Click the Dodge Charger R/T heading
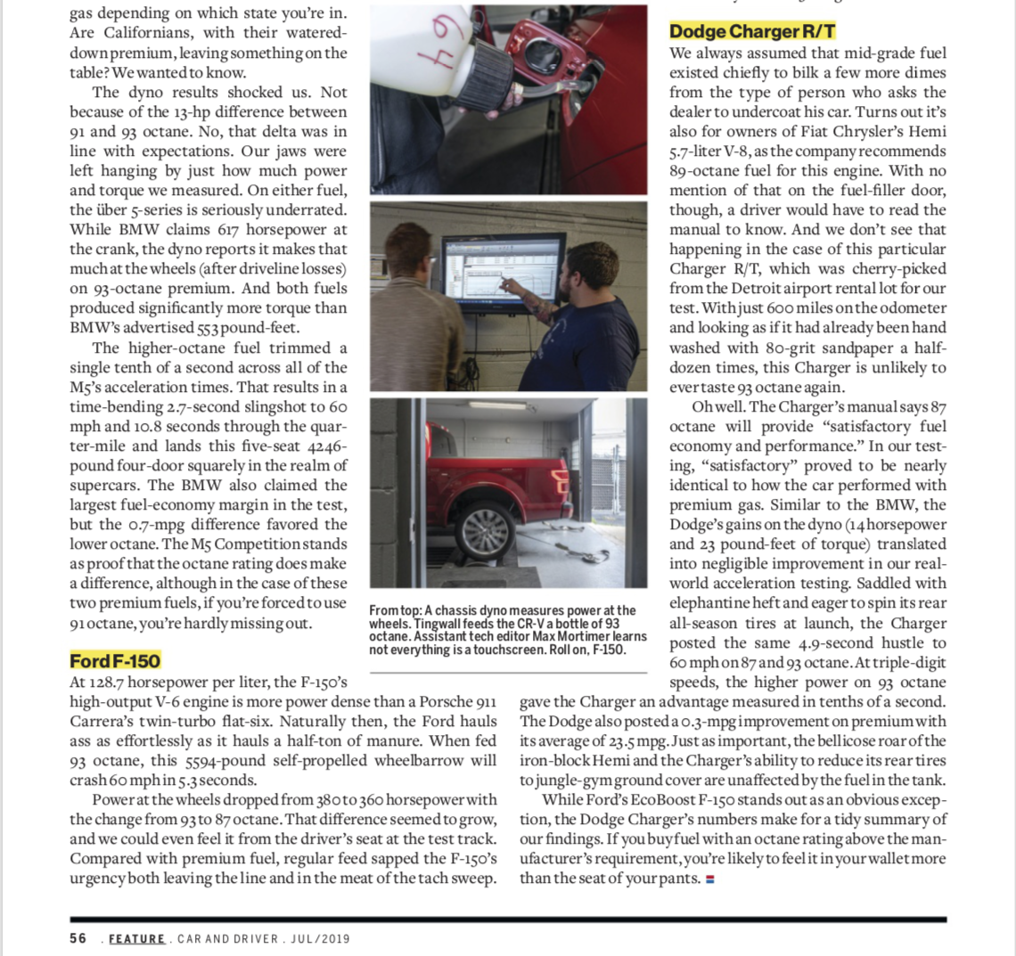point(752,32)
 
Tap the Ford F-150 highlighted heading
point(115,661)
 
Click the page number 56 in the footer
point(78,938)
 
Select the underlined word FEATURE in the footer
point(137,939)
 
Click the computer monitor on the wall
point(504,267)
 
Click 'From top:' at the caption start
point(395,610)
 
